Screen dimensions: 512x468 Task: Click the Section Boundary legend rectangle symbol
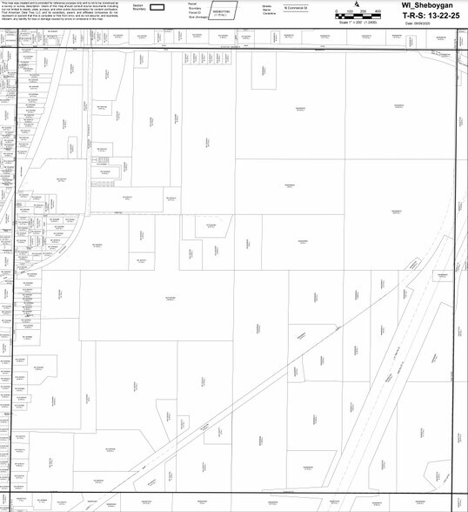157,7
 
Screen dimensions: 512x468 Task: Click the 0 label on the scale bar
336,11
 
